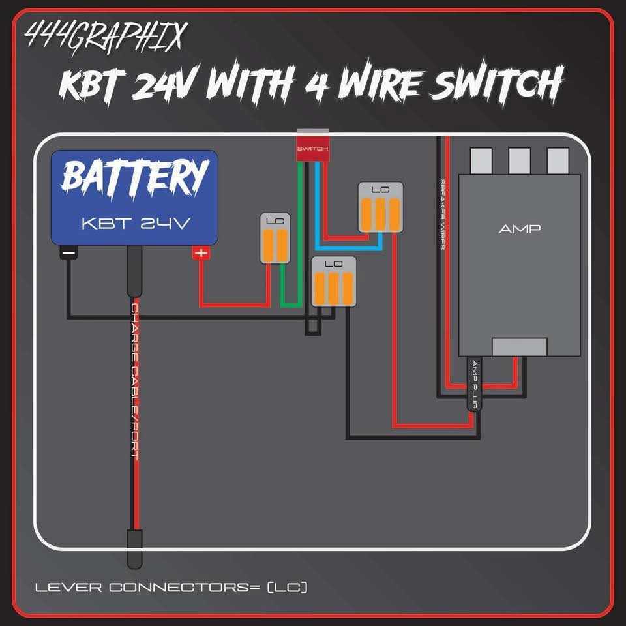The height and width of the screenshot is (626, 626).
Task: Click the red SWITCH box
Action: tap(314, 147)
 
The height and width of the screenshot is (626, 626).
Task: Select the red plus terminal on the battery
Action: tap(201, 253)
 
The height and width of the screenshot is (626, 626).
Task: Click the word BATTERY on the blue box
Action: tap(136, 177)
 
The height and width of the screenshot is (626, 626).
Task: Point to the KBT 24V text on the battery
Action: tap(136, 223)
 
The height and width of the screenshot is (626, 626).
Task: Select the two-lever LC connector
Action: tap(275, 239)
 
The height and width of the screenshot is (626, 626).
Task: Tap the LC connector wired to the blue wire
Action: tap(381, 207)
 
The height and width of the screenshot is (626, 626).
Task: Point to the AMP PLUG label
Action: tap(475, 385)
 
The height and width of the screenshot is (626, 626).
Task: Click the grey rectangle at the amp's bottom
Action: tap(519, 347)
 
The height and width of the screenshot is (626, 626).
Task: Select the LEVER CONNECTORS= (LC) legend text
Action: tap(171, 588)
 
